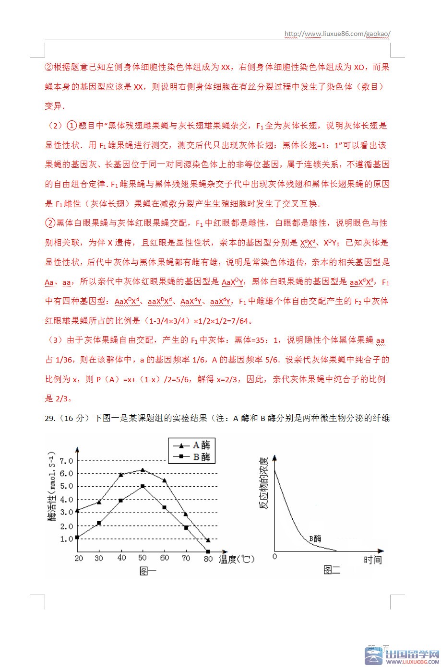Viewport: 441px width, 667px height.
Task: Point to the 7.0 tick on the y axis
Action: click(66, 461)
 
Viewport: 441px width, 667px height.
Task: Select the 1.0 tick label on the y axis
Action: click(66, 539)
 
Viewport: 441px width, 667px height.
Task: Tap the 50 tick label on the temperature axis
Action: click(143, 558)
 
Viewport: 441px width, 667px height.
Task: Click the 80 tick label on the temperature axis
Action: click(207, 558)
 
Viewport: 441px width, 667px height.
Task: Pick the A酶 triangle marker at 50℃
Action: click(143, 470)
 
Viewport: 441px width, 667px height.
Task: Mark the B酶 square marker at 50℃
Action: click(143, 486)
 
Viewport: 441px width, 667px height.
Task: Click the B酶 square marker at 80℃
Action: click(207, 551)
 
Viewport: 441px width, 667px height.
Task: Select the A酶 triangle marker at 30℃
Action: click(99, 502)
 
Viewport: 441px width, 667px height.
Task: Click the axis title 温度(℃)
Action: click(237, 559)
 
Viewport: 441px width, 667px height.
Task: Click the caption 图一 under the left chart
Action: click(148, 571)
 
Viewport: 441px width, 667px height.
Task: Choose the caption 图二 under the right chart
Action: click(332, 571)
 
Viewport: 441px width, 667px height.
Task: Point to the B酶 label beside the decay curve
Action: click(315, 538)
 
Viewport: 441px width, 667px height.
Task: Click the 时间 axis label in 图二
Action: click(372, 560)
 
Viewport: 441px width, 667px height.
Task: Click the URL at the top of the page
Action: click(337, 34)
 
